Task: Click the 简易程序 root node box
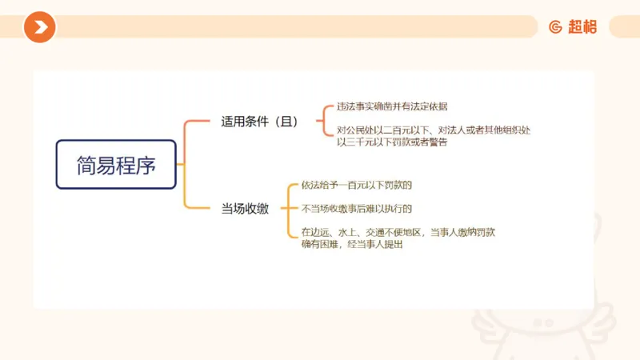tap(116, 164)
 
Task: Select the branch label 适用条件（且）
tap(259, 122)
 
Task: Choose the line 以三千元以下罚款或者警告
tap(392, 142)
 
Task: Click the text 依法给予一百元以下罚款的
tap(356, 186)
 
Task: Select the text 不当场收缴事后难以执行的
tap(356, 209)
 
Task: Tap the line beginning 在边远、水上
tap(398, 233)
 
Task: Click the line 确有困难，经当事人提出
tap(352, 245)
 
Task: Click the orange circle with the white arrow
tap(39, 27)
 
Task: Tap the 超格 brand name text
tap(582, 27)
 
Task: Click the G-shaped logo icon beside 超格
tap(555, 27)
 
